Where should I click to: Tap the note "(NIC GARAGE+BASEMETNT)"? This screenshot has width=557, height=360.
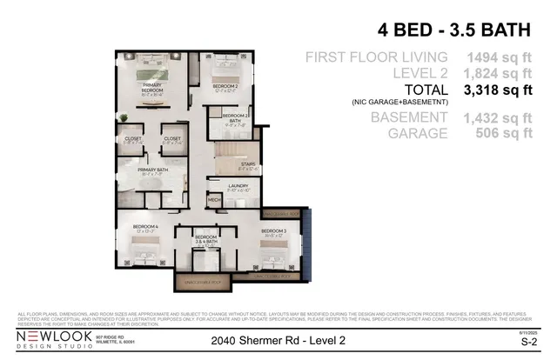pyautogui.click(x=401, y=103)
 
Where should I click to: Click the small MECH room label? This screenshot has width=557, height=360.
pyautogui.click(x=214, y=200)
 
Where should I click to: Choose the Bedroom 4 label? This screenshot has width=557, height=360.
pyautogui.click(x=144, y=228)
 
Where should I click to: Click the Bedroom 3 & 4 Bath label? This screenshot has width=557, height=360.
pyautogui.click(x=205, y=240)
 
